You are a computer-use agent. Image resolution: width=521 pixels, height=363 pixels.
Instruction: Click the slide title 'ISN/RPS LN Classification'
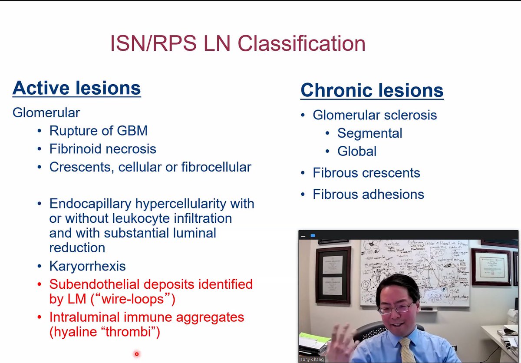click(x=237, y=44)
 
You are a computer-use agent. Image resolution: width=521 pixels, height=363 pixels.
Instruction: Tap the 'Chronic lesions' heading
click(x=372, y=90)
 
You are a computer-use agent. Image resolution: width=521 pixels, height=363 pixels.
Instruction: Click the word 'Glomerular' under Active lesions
click(x=46, y=112)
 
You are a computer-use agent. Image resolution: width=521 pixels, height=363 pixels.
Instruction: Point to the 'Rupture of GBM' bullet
click(x=98, y=130)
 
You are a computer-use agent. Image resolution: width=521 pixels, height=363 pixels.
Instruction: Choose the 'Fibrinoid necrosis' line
click(x=102, y=149)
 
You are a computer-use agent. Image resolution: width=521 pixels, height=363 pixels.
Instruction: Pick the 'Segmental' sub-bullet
click(x=369, y=133)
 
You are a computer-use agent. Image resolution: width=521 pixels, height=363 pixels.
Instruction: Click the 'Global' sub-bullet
click(x=356, y=151)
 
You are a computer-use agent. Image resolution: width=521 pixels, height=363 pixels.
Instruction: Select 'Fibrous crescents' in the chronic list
click(x=366, y=173)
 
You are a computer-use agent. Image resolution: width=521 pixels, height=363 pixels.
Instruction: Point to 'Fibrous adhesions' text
click(x=368, y=194)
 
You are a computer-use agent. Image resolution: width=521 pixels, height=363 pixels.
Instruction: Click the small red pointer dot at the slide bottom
click(x=136, y=354)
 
